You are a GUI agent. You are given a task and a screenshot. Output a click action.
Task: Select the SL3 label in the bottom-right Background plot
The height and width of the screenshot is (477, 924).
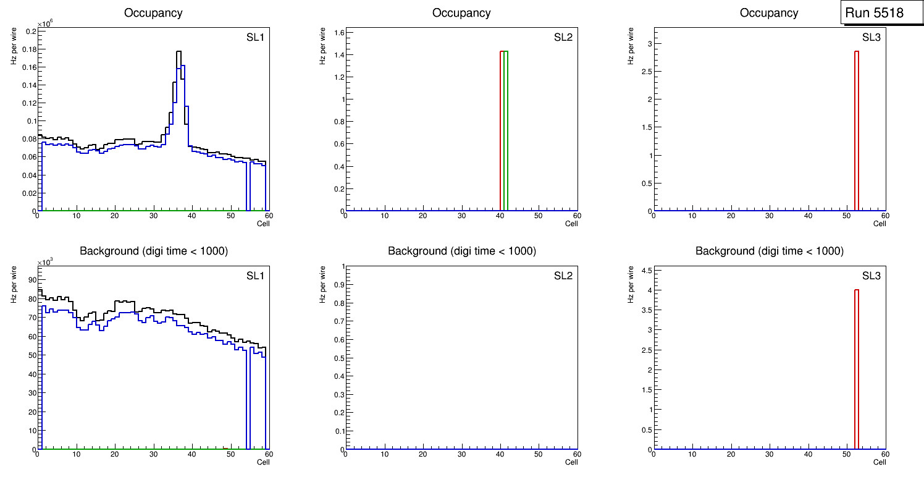[x=871, y=276]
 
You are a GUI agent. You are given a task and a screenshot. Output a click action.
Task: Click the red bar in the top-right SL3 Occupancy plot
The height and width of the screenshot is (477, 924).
[x=857, y=130]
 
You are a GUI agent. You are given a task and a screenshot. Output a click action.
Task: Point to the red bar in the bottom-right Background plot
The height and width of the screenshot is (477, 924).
[x=857, y=371]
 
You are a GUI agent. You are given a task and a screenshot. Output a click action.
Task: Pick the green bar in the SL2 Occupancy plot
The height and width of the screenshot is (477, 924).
[x=505, y=130]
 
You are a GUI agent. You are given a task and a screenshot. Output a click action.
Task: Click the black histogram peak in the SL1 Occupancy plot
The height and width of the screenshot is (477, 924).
[x=178, y=52]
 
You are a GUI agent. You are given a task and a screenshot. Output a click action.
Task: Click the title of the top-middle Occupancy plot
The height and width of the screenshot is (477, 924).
[x=461, y=12]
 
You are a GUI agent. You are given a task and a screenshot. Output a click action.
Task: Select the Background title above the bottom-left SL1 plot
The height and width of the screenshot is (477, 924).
[x=153, y=251]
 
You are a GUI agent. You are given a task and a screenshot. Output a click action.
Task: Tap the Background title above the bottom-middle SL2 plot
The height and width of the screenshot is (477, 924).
[x=461, y=251]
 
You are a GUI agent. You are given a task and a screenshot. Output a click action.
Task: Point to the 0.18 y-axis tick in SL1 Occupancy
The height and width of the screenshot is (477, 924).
[x=28, y=49]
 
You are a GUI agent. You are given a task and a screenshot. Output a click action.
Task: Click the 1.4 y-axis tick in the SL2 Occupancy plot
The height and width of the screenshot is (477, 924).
[x=338, y=55]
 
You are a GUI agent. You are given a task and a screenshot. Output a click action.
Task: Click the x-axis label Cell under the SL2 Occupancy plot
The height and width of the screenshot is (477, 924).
[x=571, y=224]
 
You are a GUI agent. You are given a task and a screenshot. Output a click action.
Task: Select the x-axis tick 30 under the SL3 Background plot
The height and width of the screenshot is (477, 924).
[x=769, y=454]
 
